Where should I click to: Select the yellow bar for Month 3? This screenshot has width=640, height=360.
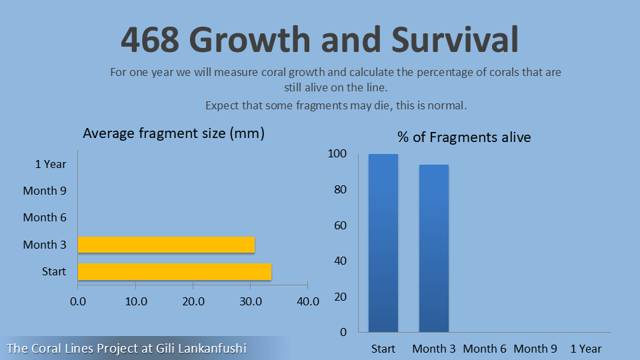[x=166, y=245]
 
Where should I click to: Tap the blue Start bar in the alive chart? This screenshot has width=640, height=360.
[x=383, y=243]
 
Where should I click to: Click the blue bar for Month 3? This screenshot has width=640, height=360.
[x=434, y=248]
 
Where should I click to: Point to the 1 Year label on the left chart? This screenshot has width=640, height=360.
[x=51, y=164]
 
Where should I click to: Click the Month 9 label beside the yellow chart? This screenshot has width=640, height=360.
[x=45, y=191]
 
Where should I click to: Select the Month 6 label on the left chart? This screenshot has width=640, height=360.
[x=45, y=217]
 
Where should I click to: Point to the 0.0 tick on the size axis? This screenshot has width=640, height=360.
[x=78, y=301]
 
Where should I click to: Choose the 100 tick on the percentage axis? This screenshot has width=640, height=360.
[x=337, y=154]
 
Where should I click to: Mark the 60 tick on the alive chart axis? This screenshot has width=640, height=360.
[x=340, y=225]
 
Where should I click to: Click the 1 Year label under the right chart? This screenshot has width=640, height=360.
[x=586, y=349]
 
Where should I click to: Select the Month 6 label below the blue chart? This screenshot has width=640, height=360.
[x=485, y=349]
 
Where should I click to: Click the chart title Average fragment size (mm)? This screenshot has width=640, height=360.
[x=174, y=133]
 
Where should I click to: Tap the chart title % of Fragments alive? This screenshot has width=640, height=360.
[x=464, y=137]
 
